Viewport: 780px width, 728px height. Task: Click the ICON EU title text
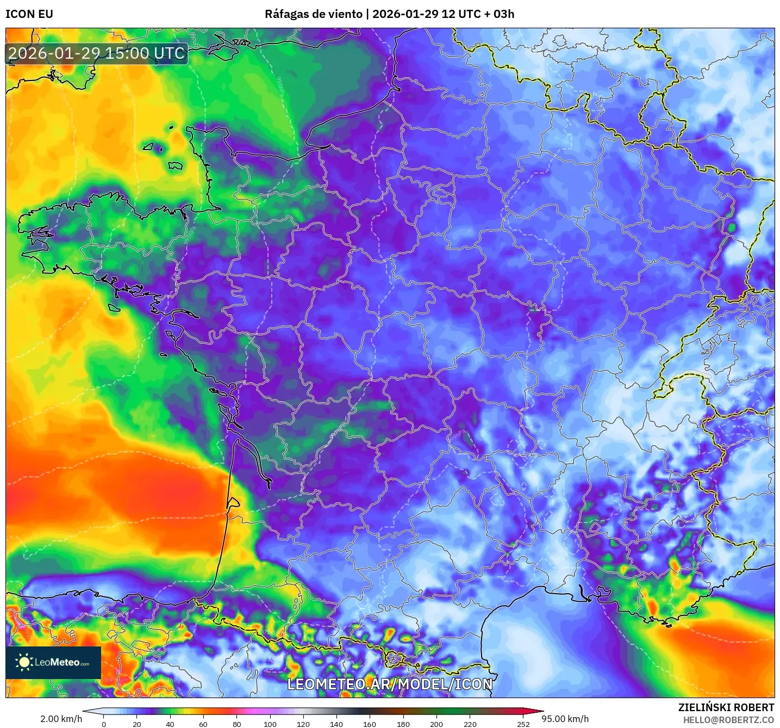click(x=29, y=14)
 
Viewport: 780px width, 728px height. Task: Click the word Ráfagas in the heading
click(x=285, y=14)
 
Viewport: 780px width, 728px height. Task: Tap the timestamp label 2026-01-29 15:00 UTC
click(x=97, y=53)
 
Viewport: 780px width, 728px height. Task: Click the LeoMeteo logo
click(x=53, y=662)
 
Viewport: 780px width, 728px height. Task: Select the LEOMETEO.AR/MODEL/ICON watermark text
click(x=390, y=684)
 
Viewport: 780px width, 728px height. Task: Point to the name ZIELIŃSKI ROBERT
click(x=726, y=707)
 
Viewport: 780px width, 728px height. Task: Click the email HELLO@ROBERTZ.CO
click(x=728, y=720)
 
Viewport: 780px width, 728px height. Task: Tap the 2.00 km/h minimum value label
click(x=61, y=719)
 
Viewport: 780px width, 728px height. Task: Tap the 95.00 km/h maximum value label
click(x=565, y=719)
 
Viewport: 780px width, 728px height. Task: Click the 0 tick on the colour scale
click(x=104, y=724)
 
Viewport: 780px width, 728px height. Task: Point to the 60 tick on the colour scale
click(x=203, y=724)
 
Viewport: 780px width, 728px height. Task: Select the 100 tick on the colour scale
click(x=270, y=724)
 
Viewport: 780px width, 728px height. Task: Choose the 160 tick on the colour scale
click(x=370, y=724)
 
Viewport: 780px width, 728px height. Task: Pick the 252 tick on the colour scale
click(x=523, y=724)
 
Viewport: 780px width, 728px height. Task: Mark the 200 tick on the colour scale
click(x=436, y=724)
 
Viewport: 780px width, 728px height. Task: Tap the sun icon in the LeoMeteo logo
click(x=24, y=662)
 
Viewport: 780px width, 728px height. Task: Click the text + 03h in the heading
click(x=499, y=14)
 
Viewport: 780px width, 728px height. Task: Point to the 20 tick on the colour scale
click(x=137, y=724)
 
